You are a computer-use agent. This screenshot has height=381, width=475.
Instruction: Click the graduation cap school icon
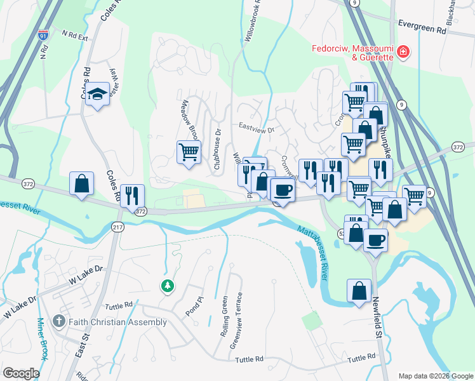pos(97,95)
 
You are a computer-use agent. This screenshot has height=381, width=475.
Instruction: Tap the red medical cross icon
pos(403,52)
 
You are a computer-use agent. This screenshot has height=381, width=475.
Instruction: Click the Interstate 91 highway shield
pos(43,36)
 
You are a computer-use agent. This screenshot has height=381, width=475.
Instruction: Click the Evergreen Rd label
pos(422,29)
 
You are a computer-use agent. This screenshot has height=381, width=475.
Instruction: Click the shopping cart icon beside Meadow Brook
pos(189,152)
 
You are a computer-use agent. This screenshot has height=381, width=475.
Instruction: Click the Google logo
pos(22,373)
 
